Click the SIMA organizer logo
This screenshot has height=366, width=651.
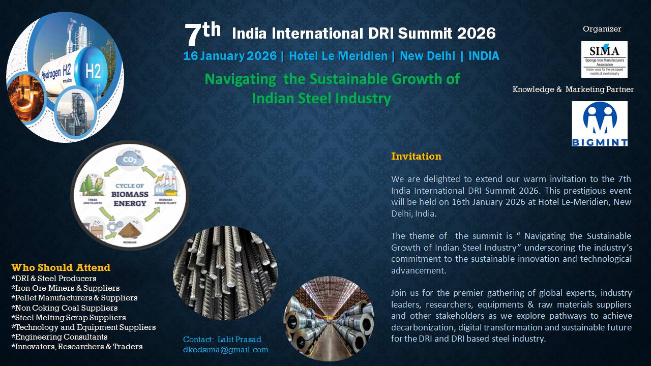point(604,59)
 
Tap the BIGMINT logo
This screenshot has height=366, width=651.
point(600,124)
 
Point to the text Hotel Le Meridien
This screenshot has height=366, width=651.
point(338,56)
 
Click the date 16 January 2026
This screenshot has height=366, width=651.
point(230,56)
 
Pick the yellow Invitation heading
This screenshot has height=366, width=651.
point(416,156)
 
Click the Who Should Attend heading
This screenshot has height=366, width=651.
point(61,267)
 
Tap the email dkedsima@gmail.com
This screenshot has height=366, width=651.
point(225,350)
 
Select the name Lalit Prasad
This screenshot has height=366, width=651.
point(239,339)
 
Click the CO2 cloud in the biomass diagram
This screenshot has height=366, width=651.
point(130,159)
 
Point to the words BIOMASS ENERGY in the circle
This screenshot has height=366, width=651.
point(130,199)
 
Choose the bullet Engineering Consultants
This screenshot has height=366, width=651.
point(60,337)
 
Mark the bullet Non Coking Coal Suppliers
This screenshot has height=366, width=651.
point(65,308)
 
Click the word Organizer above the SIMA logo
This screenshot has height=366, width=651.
point(602,29)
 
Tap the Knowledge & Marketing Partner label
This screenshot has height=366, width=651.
point(573,89)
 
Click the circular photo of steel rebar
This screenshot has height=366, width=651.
point(225,273)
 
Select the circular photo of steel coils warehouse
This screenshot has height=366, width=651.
point(329,319)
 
